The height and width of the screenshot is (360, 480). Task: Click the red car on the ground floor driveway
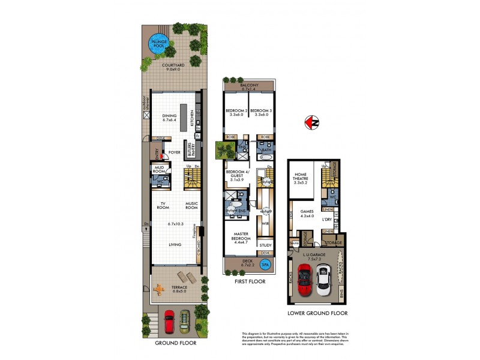point(170,321)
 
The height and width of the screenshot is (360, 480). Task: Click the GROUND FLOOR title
point(175,343)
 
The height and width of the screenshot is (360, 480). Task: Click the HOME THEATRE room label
point(301,178)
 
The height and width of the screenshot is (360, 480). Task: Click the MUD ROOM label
point(160,169)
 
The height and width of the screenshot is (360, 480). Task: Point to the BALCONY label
point(249,86)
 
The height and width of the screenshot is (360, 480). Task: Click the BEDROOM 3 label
point(262,112)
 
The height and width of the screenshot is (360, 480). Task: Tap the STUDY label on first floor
point(265,245)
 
